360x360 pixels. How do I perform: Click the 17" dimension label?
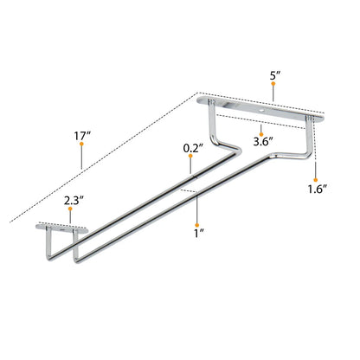82,135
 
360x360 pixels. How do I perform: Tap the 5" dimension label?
275,75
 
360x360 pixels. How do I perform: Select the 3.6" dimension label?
263,142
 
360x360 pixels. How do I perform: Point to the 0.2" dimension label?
193,149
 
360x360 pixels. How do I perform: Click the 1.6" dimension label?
317,190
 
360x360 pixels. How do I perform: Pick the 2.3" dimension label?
74,200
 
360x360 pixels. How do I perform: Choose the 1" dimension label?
199,233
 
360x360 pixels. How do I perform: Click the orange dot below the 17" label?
81,144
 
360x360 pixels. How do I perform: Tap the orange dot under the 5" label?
273,83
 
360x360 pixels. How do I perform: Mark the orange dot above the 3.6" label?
261,134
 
